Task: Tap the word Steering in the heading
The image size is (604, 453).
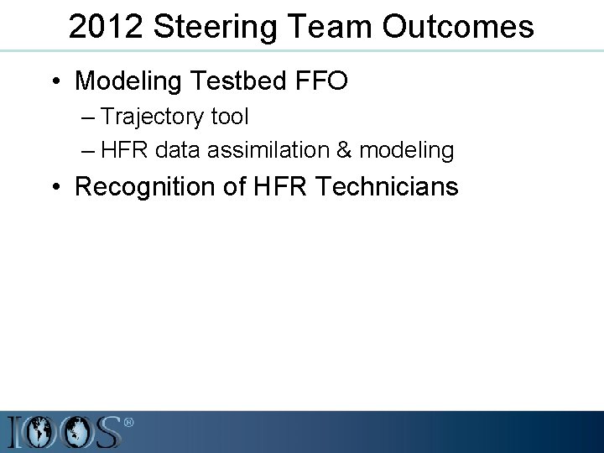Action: [x=200, y=27]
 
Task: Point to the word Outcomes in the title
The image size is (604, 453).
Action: [x=458, y=27]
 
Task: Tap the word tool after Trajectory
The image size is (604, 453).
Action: [x=230, y=117]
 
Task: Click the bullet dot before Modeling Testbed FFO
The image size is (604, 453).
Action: [x=55, y=81]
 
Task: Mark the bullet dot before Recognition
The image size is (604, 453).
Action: [x=55, y=186]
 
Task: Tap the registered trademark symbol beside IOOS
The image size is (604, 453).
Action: [x=128, y=422]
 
